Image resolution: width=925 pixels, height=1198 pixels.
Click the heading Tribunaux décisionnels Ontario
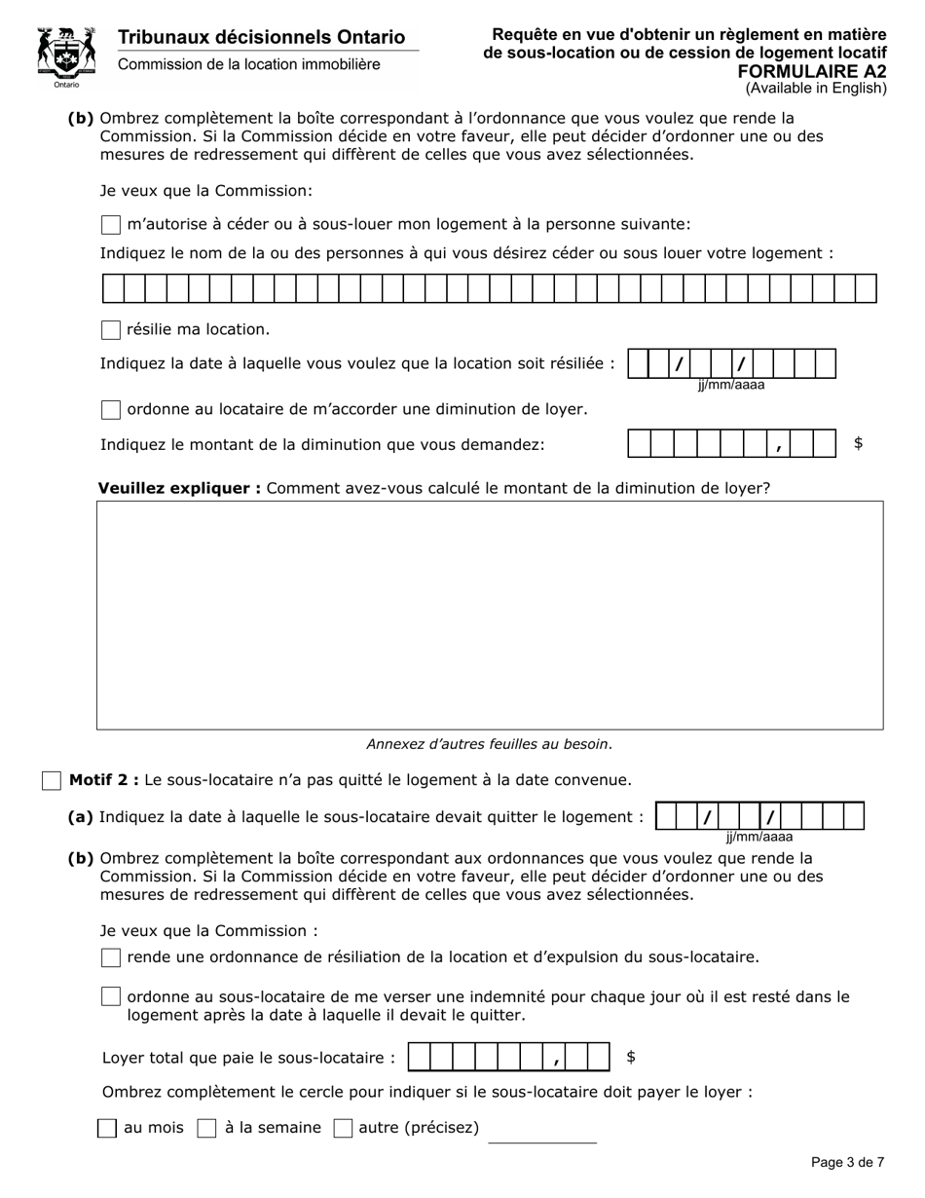tap(261, 37)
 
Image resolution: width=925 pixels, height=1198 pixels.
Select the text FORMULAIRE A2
tap(811, 71)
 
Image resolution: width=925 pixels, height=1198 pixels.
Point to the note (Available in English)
tap(816, 89)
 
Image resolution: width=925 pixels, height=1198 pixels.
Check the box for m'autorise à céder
tap(111, 225)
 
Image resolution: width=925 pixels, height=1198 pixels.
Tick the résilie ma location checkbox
tap(111, 330)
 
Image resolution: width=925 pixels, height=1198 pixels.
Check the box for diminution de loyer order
tap(111, 410)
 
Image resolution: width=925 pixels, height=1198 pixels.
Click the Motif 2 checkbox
tap(52, 781)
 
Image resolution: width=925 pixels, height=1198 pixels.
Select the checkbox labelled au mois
tap(108, 1128)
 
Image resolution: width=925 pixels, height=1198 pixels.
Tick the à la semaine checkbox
tap(206, 1128)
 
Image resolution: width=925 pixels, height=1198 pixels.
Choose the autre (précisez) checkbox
tap(343, 1128)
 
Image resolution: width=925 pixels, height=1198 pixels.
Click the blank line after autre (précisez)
tap(541, 1134)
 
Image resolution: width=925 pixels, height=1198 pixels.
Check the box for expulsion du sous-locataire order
tap(111, 957)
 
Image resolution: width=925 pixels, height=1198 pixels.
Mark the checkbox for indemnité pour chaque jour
tap(111, 997)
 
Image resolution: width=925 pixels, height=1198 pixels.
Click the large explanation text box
tap(489, 615)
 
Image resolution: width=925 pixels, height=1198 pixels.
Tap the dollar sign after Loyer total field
tap(631, 1057)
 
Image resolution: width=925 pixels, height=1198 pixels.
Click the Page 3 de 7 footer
tap(847, 1162)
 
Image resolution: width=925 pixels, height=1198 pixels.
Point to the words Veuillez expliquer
tap(179, 488)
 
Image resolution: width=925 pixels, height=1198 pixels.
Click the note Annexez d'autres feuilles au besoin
tap(489, 744)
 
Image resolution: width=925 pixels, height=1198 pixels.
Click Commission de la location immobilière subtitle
tap(249, 64)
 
